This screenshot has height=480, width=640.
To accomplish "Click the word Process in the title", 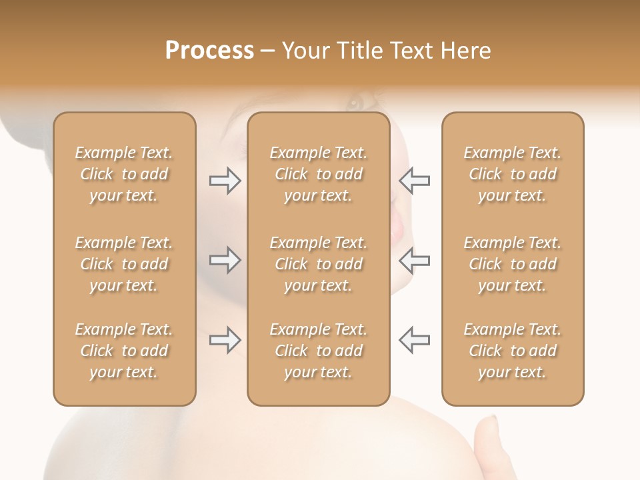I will coord(209,50).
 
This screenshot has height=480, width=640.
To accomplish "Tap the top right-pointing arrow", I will coord(225,181).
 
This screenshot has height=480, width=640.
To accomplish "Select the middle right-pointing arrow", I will coord(225,260).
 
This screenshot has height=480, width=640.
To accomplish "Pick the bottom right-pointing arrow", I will coord(225,340).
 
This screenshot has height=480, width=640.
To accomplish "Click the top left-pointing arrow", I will coord(415,181).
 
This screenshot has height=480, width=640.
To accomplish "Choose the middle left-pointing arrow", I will coord(415,260).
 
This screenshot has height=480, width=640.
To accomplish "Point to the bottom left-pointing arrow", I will coord(415,340).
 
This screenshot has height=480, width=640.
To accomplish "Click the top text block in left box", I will coord(124,174).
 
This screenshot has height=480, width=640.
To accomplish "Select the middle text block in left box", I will coord(124,264).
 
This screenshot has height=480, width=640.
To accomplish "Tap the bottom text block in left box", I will coord(124,351).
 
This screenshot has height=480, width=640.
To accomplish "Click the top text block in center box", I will coord(319,174).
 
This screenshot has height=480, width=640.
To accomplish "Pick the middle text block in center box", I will coord(319,264).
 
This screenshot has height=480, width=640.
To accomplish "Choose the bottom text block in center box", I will coord(319,351).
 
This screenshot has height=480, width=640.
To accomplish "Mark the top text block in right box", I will coord(513,174).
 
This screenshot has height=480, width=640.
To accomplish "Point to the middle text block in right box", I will coord(513,264).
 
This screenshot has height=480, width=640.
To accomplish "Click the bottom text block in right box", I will coord(513,351).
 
